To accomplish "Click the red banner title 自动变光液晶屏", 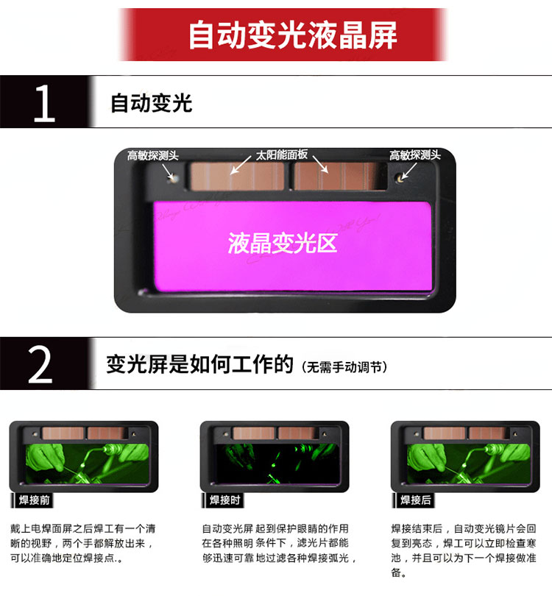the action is [293, 35].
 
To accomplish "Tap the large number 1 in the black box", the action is [44, 103].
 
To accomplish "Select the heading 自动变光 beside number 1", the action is [152, 103].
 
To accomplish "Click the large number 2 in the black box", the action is [40, 364].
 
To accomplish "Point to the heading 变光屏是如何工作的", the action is [199, 364].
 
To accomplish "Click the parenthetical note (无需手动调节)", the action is [344, 367].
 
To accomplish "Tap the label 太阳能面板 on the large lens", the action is [281, 155].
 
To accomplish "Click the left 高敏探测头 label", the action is [152, 155].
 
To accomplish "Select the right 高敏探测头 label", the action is [415, 155].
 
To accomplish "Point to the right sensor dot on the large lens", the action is [399, 177].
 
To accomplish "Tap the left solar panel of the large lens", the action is [237, 176].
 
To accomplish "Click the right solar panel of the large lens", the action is [339, 176].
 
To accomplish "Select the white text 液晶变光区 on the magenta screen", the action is [283, 244].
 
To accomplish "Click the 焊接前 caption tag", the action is [33, 500].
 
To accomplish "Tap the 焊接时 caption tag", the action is [224, 500].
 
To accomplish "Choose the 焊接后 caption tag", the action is [415, 500].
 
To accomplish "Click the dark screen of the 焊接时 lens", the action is [277, 464].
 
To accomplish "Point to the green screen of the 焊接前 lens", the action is [87, 464].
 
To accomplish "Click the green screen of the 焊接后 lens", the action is [469, 464].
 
